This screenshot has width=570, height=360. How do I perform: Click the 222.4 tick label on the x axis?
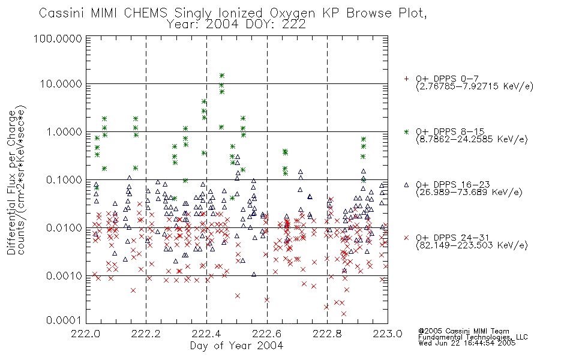(206, 334)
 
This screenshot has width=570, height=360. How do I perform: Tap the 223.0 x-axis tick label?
(388, 334)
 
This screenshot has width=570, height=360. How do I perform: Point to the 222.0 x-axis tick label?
(86, 334)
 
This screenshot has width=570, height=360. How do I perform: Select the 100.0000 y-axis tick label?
(58, 38)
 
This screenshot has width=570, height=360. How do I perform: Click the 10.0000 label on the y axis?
(61, 84)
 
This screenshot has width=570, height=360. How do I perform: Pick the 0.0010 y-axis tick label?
(64, 276)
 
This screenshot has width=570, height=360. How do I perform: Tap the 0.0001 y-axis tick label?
(64, 320)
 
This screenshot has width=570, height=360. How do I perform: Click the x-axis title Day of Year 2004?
(236, 346)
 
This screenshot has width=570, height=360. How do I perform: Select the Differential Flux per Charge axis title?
(11, 182)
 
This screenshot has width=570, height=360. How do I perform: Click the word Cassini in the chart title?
(62, 13)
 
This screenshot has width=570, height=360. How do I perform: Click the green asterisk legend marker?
(406, 132)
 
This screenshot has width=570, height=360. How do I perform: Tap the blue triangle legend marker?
(406, 185)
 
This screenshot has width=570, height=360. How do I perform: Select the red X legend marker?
(406, 238)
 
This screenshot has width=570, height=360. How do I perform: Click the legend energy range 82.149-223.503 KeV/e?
(472, 245)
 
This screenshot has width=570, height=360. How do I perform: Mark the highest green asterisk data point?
(222, 76)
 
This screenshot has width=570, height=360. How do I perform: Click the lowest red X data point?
(344, 313)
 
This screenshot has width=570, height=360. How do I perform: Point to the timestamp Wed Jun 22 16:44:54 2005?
(467, 343)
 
